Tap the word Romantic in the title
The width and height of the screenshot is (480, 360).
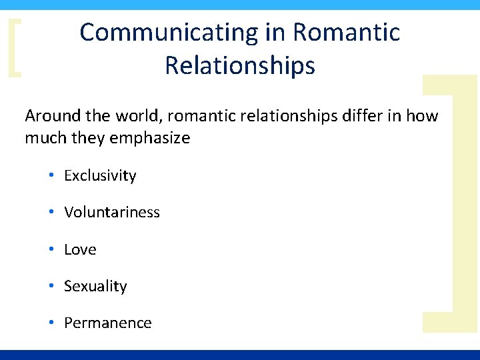pos(347,33)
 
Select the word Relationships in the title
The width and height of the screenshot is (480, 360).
pos(240,66)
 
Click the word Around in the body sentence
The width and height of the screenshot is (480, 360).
pos(52,116)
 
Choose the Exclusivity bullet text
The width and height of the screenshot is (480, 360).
pos(100,176)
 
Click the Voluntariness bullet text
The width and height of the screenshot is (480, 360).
pos(112,213)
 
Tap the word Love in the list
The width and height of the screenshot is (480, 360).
pos(80,249)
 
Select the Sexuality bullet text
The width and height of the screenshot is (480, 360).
pos(95,287)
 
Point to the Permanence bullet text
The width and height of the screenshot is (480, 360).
pos(108,323)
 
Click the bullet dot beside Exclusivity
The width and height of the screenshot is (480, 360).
pos(51,176)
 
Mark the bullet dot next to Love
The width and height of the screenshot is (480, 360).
pos(51,249)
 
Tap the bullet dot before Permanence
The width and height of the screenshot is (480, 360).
pos(51,323)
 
